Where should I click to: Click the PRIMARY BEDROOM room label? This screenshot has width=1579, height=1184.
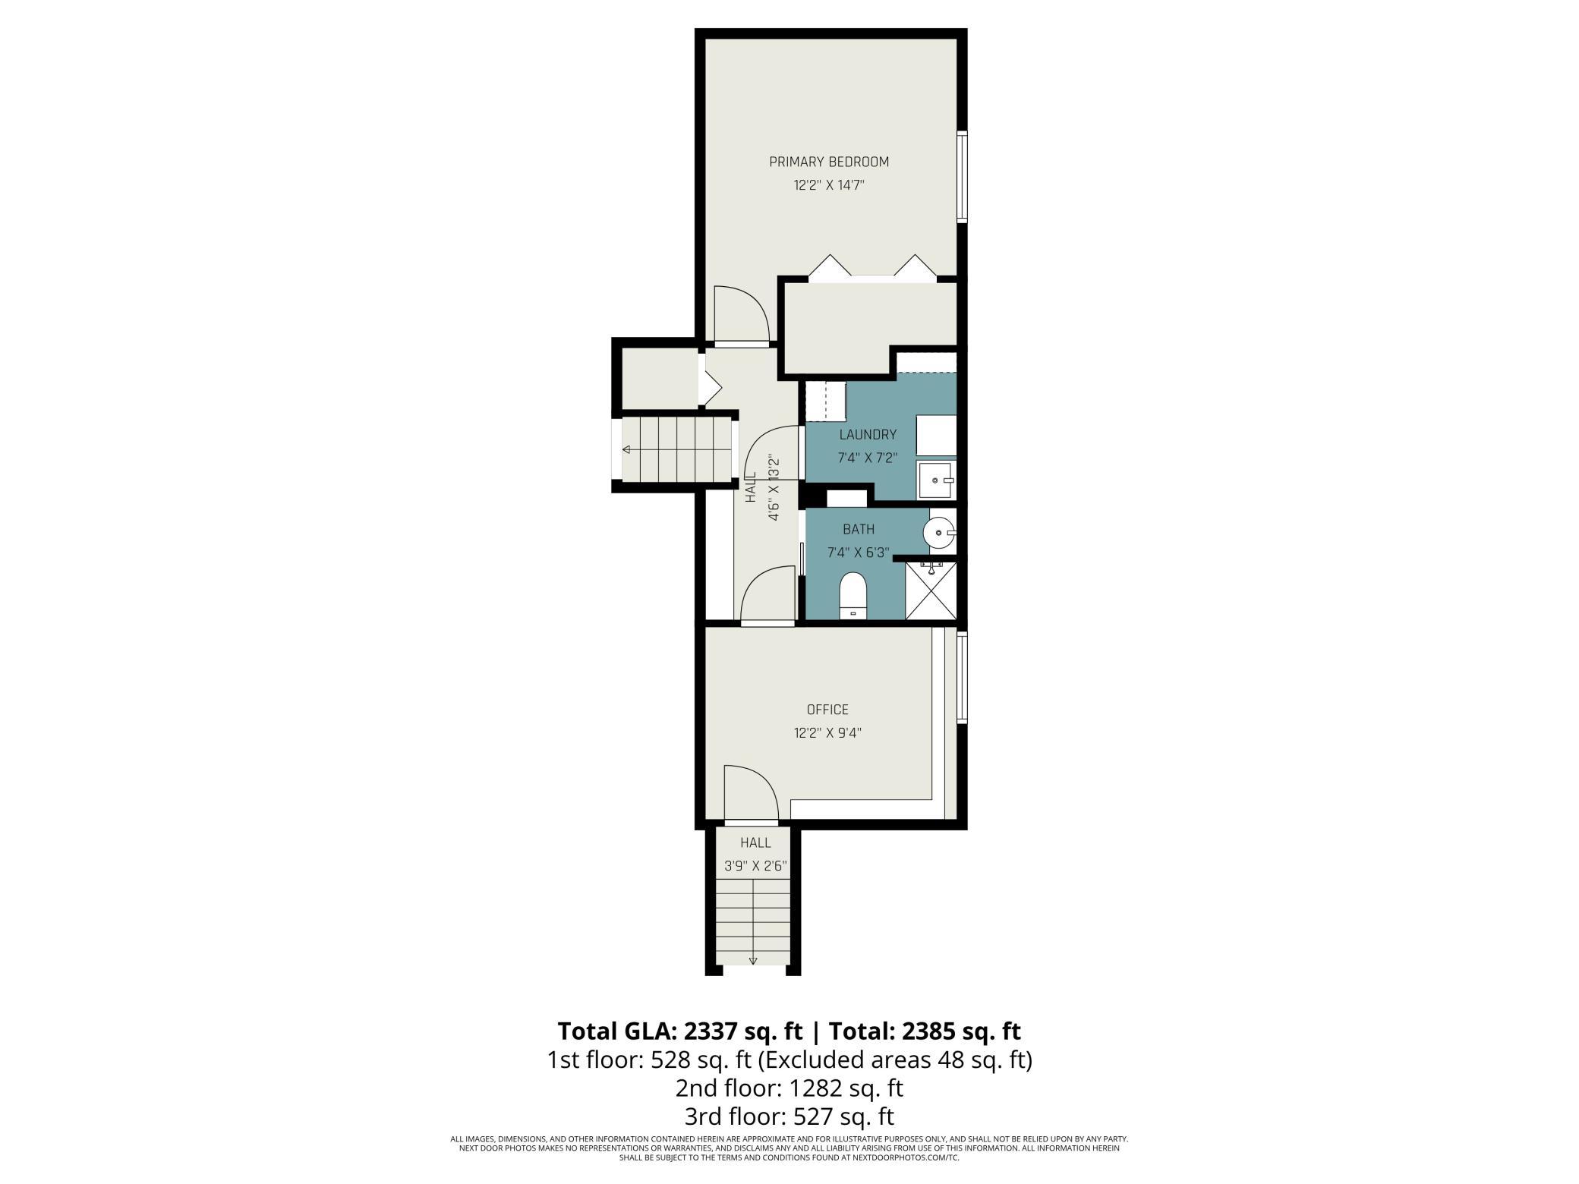[x=829, y=162]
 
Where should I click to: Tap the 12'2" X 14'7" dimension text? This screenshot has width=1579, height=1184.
[x=829, y=185]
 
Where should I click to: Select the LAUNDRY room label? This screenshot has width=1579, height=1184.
[x=868, y=435]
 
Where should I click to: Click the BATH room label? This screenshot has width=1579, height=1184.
[x=859, y=529]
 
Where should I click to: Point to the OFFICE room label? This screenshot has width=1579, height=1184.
[x=827, y=710]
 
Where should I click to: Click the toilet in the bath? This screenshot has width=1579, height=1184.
[x=853, y=595]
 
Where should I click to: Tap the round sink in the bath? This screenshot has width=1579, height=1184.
[x=938, y=533]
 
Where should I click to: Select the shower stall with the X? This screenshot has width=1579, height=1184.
[x=931, y=590]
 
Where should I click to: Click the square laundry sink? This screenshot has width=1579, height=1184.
[x=936, y=480]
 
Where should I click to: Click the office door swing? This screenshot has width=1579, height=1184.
[x=752, y=794]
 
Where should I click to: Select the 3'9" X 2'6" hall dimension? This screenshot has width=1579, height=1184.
[x=756, y=867]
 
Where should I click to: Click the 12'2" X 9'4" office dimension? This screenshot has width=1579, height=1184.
[x=827, y=733]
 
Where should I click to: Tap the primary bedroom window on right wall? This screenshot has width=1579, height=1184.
[x=962, y=177]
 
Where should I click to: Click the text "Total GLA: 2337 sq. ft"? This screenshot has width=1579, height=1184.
[x=680, y=1031]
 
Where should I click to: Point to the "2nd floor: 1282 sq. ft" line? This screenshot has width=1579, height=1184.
[x=789, y=1088]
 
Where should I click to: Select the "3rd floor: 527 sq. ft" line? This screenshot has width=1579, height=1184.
[x=789, y=1117]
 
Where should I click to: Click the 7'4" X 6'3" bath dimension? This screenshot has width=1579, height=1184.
[x=859, y=553]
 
